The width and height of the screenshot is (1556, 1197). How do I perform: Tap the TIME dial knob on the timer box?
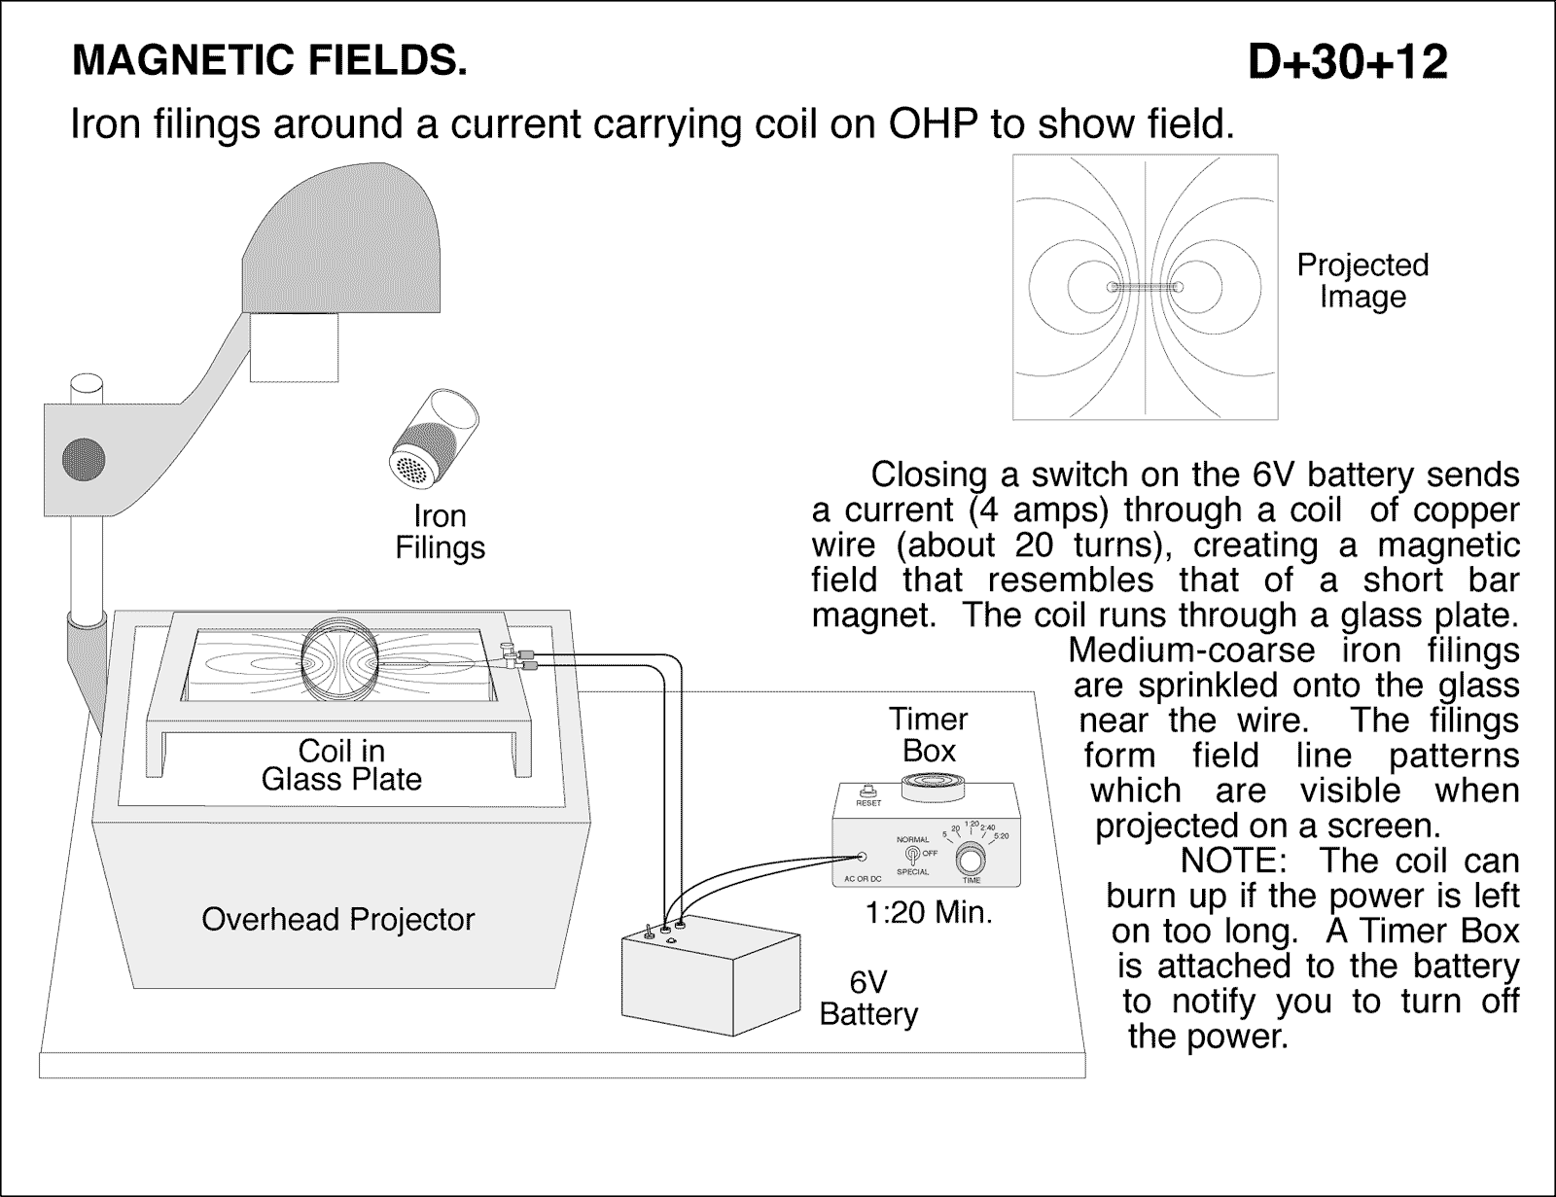tap(971, 860)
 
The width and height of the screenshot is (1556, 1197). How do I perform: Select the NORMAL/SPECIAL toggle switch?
tap(912, 855)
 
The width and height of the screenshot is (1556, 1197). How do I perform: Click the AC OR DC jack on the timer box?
tap(862, 857)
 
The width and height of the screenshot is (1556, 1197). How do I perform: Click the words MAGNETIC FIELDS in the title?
tap(269, 61)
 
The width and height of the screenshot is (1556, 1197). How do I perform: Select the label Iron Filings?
tap(440, 532)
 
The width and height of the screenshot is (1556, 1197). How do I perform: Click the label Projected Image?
tap(1362, 281)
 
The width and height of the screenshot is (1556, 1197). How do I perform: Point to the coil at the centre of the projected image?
tap(1146, 288)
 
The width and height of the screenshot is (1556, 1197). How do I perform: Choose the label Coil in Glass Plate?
tap(341, 765)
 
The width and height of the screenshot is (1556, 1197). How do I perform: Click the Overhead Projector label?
tap(337, 919)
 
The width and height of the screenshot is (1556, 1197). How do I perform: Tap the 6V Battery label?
tap(868, 998)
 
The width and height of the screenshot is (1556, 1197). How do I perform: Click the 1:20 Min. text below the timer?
tap(929, 913)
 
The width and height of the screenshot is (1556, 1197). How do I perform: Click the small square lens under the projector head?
tap(294, 346)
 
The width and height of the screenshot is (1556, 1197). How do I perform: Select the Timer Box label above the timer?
tap(929, 735)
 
